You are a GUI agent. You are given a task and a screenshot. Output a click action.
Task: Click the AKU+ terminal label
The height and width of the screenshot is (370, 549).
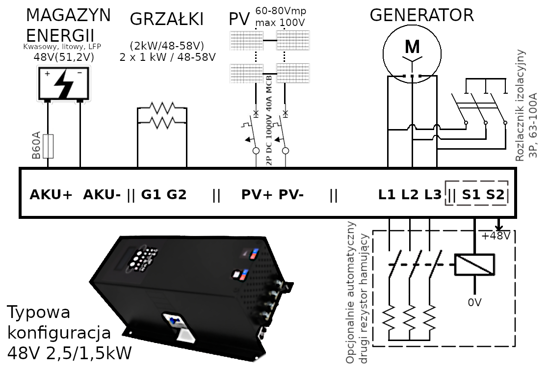[x=51, y=195]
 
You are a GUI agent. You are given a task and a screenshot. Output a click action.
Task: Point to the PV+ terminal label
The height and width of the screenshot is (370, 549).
[x=257, y=195]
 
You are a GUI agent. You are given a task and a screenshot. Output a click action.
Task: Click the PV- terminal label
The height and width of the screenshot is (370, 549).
[x=291, y=195]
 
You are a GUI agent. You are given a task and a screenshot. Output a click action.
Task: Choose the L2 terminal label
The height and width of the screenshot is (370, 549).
[x=410, y=195]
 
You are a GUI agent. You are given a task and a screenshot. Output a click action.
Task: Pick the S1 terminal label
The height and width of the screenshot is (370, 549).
[x=471, y=195]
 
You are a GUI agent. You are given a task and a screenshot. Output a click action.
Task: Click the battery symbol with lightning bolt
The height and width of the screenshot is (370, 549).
[x=63, y=83]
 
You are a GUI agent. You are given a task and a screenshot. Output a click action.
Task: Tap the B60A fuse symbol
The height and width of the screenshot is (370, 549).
[x=48, y=146]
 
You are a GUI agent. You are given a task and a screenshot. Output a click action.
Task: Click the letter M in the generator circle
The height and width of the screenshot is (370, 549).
[x=412, y=47]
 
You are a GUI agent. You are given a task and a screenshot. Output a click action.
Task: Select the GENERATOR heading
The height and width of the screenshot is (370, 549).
[x=421, y=15]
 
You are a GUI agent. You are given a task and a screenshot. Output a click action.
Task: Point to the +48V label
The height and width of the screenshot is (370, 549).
[x=496, y=236]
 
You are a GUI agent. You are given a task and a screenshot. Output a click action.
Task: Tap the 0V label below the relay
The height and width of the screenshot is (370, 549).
[x=474, y=302]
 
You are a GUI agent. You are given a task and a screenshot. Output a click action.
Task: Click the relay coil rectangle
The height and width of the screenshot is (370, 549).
[x=474, y=264]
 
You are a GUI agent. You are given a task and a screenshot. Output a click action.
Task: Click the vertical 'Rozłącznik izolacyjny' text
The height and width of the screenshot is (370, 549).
[x=521, y=106]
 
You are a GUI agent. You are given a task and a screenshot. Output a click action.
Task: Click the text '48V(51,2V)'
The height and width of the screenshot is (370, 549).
[x=63, y=57]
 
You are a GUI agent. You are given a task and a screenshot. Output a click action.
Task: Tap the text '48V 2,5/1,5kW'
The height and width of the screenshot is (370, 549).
[x=69, y=353]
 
